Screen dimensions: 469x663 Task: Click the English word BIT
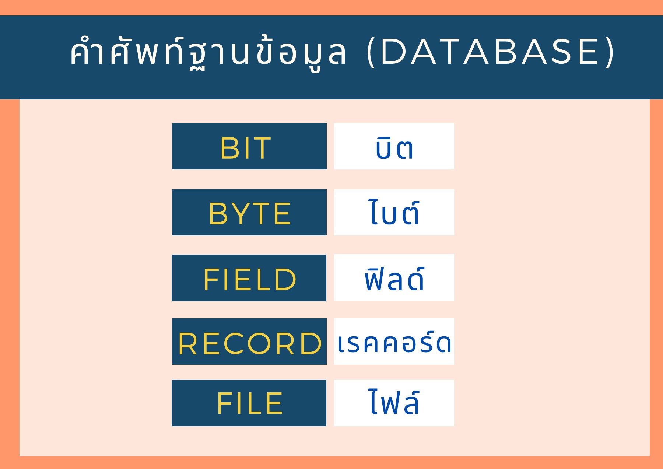[246, 148]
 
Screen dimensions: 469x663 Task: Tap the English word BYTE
[249, 214]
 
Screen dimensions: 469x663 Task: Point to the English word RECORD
[250, 344]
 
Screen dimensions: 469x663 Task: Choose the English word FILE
[249, 403]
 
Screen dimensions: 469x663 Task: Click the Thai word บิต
[394, 148]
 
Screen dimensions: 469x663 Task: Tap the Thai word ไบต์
[394, 213]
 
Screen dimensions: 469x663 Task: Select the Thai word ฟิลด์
[394, 279]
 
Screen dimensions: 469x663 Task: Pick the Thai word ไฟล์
[394, 402]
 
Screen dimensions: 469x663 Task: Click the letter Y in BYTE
[237, 214]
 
